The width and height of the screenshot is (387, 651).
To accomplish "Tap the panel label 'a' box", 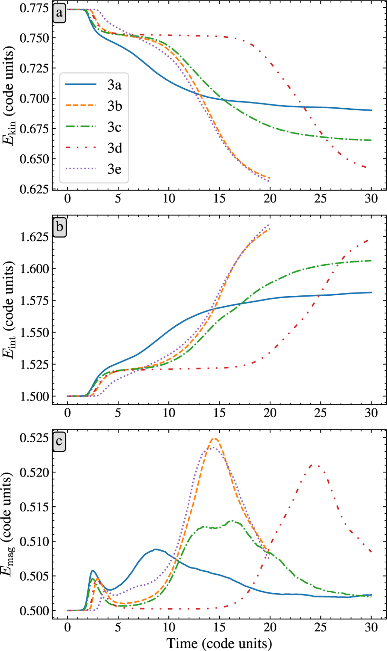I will coord(59,14).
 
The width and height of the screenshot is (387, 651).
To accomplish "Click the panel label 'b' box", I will coord(60,228).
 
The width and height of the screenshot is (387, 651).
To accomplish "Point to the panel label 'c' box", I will coord(59,441).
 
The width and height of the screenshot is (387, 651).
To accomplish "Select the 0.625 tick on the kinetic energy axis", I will coord(33,189).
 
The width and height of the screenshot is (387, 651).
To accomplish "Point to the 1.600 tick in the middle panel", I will coord(33,269).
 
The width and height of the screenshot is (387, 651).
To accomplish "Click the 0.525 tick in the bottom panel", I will coord(33,438).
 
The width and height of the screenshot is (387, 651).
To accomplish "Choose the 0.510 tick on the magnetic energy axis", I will coord(33,541).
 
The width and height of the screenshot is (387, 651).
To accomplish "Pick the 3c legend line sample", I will coord(81,127).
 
